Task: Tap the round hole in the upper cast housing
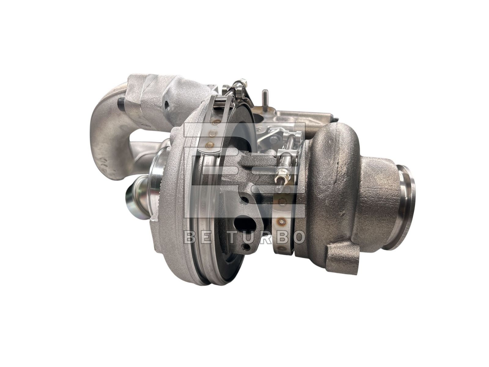click(x=166, y=104)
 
